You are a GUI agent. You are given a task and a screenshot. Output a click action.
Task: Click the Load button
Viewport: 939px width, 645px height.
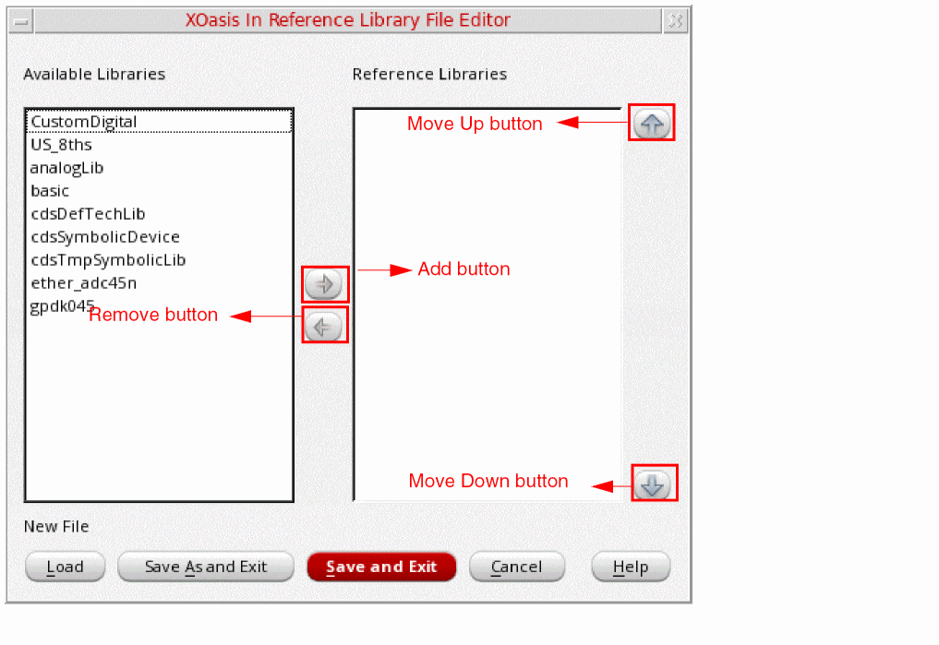(66, 567)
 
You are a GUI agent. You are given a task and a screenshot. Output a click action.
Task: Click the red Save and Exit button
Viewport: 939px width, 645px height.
(381, 567)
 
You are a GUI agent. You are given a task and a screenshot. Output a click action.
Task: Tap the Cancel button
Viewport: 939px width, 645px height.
(517, 567)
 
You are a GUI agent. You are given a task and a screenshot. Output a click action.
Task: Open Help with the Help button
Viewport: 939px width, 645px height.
(631, 567)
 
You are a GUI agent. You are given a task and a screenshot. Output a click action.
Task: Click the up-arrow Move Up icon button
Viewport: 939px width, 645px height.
(652, 124)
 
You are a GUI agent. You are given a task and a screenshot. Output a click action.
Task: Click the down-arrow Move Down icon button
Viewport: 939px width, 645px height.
(653, 484)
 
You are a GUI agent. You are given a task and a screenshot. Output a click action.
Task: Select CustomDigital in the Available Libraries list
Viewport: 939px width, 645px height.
(84, 122)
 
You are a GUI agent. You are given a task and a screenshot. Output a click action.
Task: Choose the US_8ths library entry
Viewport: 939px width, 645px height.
(61, 145)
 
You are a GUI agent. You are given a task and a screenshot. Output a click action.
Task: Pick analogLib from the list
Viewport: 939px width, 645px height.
(66, 168)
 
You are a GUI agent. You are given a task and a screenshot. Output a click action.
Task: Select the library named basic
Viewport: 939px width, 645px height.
(50, 191)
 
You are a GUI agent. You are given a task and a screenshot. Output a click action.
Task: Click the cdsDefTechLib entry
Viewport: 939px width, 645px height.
(88, 213)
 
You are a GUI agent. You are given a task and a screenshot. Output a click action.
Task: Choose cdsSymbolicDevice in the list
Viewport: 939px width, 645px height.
(105, 237)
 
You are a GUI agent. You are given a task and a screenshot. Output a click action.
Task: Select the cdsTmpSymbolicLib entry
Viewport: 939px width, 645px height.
(108, 259)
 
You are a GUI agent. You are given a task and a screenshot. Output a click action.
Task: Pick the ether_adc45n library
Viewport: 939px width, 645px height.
(84, 283)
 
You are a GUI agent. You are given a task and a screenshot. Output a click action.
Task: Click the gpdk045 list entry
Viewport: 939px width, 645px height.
(62, 306)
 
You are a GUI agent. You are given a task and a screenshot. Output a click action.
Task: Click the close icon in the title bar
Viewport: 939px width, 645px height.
(676, 21)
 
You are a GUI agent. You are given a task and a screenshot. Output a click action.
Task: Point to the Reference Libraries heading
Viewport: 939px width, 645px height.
(429, 74)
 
